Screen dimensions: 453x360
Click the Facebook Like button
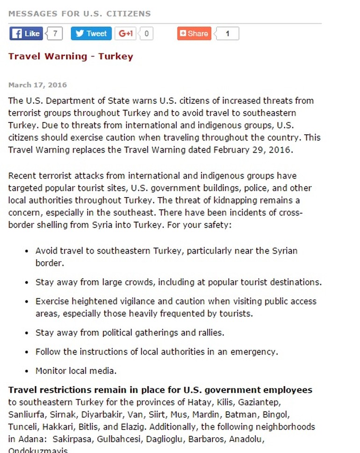[26, 34]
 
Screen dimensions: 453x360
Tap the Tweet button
[91, 34]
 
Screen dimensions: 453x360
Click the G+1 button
[126, 34]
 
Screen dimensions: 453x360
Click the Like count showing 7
[55, 34]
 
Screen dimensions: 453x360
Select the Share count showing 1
[227, 34]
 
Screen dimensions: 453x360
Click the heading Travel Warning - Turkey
[71, 57]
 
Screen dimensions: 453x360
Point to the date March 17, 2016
[37, 85]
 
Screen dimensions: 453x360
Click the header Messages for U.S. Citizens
[79, 14]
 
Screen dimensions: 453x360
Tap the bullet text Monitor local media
[76, 371]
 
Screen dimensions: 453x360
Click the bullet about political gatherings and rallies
[130, 333]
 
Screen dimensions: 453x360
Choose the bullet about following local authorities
[157, 352]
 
